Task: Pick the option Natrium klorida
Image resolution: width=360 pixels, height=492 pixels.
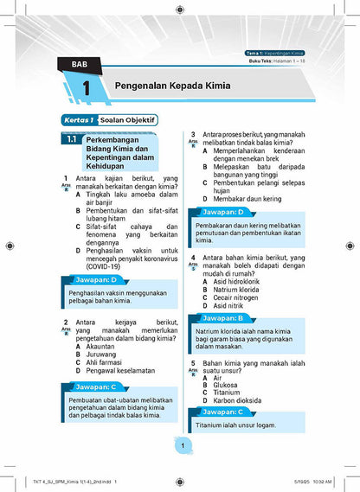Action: pos(242,289)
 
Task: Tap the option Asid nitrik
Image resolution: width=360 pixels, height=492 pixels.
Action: pos(230,305)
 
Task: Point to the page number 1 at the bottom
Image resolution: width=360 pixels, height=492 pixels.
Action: pos(183,445)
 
